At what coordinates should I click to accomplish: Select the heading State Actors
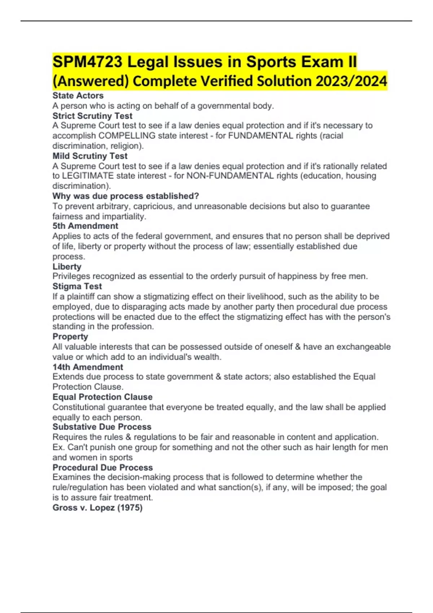[x=78, y=96]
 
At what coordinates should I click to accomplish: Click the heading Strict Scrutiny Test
[x=92, y=116]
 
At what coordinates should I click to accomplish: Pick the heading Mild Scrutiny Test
[x=90, y=156]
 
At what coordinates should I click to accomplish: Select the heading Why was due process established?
[x=126, y=196]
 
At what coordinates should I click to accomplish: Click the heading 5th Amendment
[x=85, y=226]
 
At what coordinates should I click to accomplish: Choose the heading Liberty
[x=67, y=266]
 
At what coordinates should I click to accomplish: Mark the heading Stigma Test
[x=77, y=286]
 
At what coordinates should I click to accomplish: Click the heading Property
[x=70, y=336]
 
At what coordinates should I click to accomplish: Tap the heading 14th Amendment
[x=88, y=367]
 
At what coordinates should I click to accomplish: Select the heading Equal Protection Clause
[x=102, y=397]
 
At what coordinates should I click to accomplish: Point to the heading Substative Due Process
[x=102, y=427]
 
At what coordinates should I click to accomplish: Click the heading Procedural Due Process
[x=102, y=467]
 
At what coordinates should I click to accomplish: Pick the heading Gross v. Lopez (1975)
[x=97, y=507]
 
